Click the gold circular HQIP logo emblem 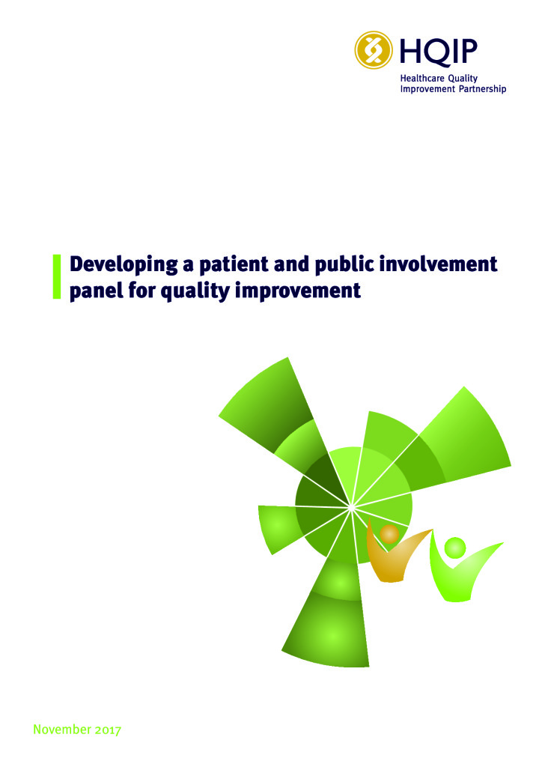[x=374, y=50]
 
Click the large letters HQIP [x=439, y=51]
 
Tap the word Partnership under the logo [x=482, y=90]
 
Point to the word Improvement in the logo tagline [x=427, y=89]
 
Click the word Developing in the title [x=124, y=265]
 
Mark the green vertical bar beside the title [x=57, y=276]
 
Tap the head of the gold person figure [x=389, y=534]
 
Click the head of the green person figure [x=455, y=548]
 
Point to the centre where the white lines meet [x=351, y=507]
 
